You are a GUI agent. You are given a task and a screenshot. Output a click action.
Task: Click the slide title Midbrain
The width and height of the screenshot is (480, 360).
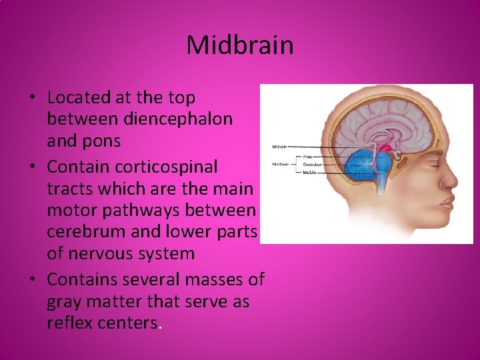[x=240, y=45]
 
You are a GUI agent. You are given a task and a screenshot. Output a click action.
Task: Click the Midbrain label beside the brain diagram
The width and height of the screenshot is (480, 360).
[x=280, y=147]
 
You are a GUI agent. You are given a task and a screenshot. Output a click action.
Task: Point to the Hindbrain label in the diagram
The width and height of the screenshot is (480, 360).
[x=280, y=163]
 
